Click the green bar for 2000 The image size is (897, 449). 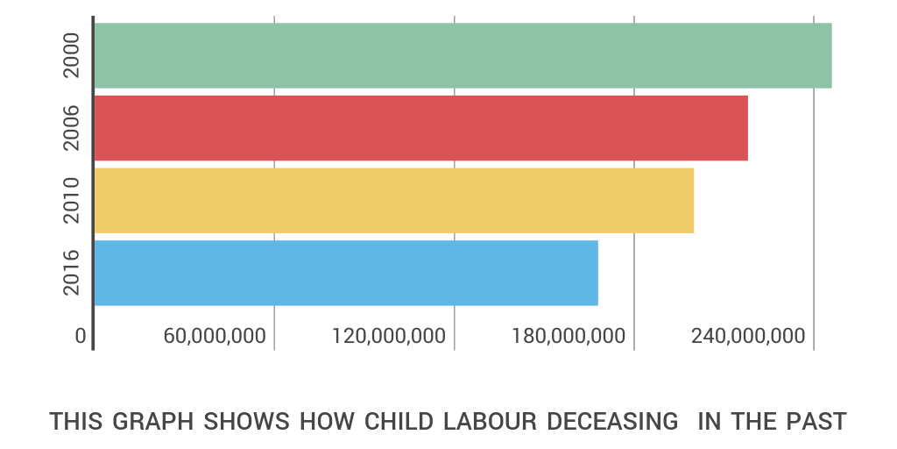463,55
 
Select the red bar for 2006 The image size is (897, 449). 420,128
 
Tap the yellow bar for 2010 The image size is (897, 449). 393,200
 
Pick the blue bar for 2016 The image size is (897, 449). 345,273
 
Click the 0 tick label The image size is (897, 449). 81,337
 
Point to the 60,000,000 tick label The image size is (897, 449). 215,337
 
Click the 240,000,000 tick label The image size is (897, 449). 747,337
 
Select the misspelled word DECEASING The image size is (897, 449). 612,422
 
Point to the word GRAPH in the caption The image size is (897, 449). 154,422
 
